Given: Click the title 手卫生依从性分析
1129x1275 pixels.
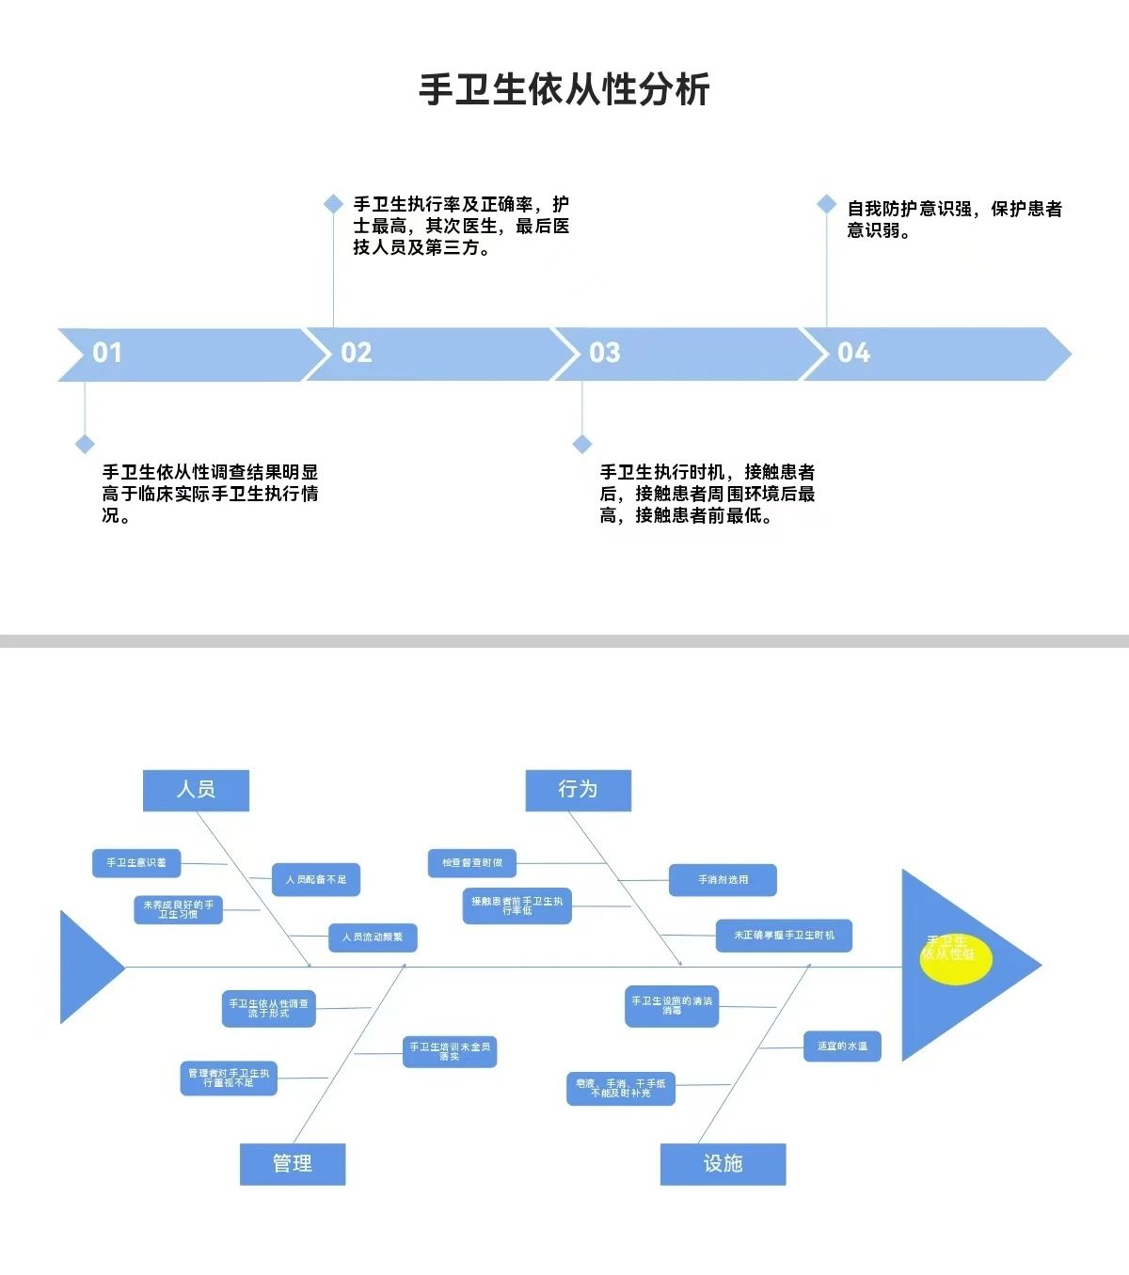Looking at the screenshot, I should [564, 89].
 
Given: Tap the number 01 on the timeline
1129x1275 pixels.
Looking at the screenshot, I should [107, 353].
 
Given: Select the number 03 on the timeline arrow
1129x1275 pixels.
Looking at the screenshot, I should [604, 353].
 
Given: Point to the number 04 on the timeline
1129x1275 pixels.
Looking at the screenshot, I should [853, 353].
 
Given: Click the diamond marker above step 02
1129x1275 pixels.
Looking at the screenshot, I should [333, 204].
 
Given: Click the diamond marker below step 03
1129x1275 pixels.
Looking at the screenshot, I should [582, 444].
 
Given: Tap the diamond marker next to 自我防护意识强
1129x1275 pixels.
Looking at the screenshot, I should [826, 204].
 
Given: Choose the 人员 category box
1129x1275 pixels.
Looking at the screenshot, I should [196, 790].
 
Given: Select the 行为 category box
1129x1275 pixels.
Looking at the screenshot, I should [578, 790].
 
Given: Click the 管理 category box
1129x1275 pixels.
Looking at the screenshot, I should [293, 1164].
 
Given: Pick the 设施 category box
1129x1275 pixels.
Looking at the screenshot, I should [723, 1164].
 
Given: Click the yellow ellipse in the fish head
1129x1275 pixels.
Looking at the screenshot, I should [955, 959].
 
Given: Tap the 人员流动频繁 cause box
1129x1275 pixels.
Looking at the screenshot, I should [373, 937].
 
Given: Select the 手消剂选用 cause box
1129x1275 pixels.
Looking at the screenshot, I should [723, 880].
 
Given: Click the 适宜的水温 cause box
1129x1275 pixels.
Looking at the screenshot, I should [842, 1047].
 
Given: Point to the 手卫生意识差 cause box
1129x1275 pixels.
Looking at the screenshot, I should [136, 863].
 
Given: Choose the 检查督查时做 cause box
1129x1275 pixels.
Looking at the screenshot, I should [472, 863].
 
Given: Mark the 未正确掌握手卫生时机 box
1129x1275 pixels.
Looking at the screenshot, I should [784, 936].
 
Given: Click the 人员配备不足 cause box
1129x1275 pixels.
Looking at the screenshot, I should [316, 880].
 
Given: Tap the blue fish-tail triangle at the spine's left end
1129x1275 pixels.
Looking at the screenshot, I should [87, 967].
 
